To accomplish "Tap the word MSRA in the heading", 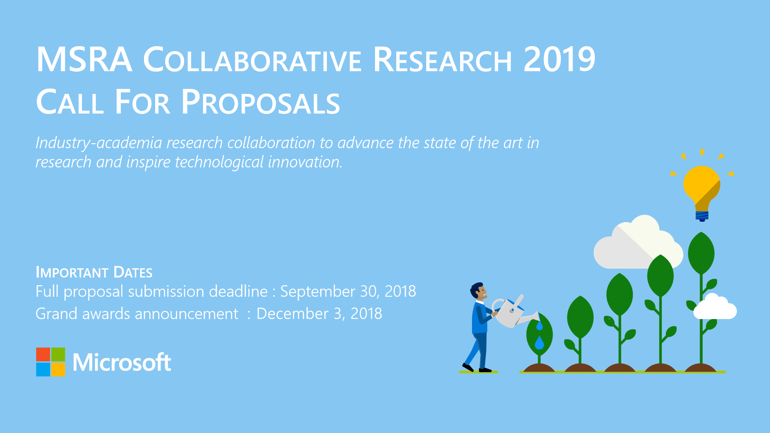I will point(84,60).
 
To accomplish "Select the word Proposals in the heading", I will point(261,102).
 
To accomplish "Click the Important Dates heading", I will point(94,272).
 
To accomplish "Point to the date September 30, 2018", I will point(348,291).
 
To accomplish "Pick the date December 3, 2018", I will point(319,314).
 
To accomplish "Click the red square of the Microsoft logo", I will point(43,354).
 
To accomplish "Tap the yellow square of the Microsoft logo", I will point(58,369).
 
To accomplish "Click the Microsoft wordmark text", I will point(122,362).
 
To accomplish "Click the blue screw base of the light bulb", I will point(702,216).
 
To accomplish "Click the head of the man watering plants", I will point(479,291).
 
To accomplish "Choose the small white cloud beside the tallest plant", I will point(715,308).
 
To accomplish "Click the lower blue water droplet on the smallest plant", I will point(539,343).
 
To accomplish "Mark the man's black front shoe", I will point(485,370).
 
